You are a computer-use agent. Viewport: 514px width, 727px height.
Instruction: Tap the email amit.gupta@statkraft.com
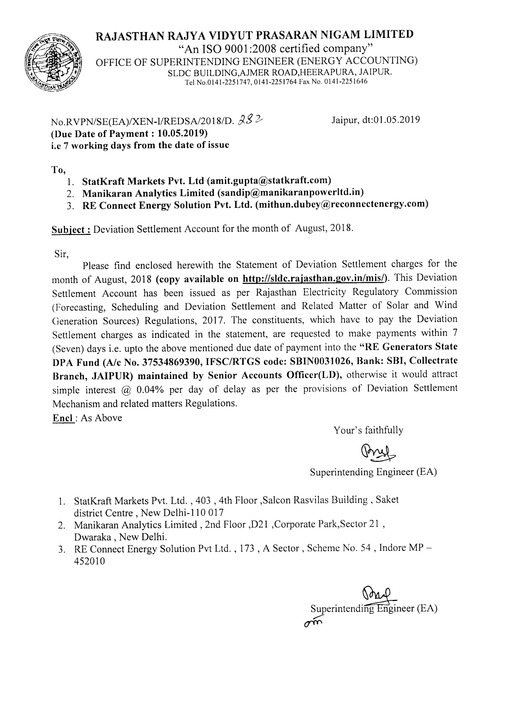pos(269,180)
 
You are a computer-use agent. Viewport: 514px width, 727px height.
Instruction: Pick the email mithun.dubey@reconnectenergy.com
pos(342,204)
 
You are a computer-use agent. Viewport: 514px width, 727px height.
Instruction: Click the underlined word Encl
pos(63,418)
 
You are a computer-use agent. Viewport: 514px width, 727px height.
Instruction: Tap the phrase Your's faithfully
pos(368,430)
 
